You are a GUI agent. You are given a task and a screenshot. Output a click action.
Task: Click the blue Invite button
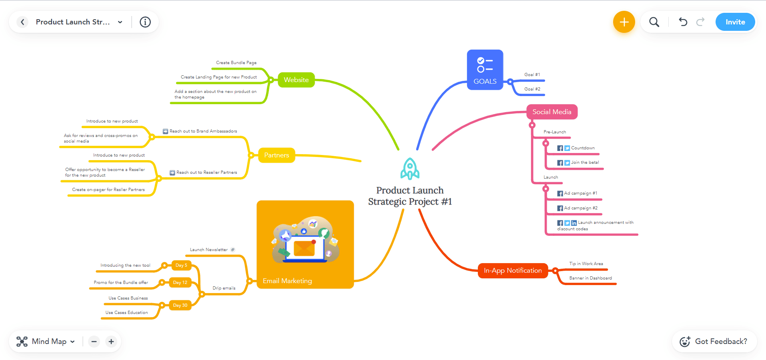coord(735,22)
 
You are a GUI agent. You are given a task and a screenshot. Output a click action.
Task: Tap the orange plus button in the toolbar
coord(624,22)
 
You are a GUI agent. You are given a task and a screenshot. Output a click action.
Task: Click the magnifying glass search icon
coord(654,22)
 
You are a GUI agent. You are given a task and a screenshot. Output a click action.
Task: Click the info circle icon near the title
coord(145,22)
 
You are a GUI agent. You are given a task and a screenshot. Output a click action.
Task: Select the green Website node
coord(296,80)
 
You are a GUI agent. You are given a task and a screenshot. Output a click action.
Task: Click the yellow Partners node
coord(276,155)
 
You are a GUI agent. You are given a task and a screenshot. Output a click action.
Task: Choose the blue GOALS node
coord(485,70)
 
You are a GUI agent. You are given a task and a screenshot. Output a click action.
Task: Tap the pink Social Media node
coord(551,112)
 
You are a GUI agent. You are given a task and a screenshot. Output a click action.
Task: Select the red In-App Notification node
coord(512,271)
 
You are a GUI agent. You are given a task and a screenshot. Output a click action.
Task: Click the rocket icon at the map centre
coord(410,169)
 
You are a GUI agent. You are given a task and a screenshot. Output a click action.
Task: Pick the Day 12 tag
coord(180,282)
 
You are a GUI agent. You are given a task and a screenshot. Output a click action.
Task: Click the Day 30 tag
coord(180,305)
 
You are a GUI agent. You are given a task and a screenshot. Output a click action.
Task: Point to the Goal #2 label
coord(532,89)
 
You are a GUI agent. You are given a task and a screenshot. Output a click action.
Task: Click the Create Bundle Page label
coord(236,62)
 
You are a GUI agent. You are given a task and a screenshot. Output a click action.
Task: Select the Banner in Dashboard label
coord(590,278)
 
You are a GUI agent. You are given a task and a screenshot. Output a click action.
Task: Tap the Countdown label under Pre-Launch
coord(583,148)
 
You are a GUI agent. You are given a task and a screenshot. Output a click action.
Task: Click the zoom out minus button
coord(94,342)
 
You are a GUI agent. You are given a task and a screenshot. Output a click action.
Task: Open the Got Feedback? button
coord(714,342)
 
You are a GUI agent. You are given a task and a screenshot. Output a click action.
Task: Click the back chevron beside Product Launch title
coord(22,22)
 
